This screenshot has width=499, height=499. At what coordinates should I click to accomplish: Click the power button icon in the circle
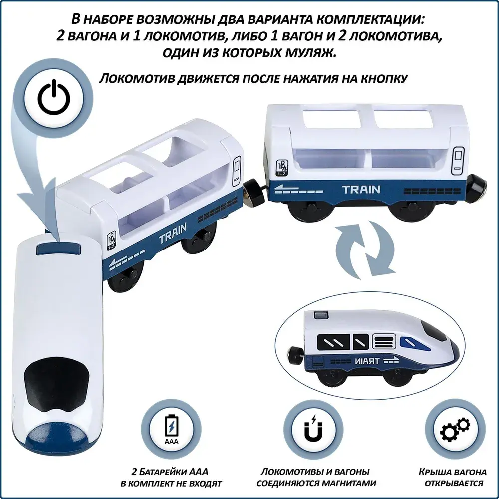click(x=54, y=97)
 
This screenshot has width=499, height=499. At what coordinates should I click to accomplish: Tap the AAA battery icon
click(x=171, y=429)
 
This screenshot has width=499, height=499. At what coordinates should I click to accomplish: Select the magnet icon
click(x=313, y=428)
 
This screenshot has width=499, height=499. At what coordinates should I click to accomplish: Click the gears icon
click(x=455, y=429)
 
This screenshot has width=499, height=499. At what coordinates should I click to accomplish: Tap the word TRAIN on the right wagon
click(x=361, y=190)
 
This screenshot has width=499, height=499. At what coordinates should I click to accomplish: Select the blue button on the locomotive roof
click(x=58, y=249)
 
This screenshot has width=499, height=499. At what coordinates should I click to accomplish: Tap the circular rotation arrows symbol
click(x=366, y=250)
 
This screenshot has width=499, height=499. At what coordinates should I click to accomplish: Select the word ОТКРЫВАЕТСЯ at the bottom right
click(x=454, y=483)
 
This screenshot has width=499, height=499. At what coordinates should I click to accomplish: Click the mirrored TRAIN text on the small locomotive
click(x=367, y=361)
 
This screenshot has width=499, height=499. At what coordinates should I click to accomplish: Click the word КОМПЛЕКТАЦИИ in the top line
click(x=371, y=20)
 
